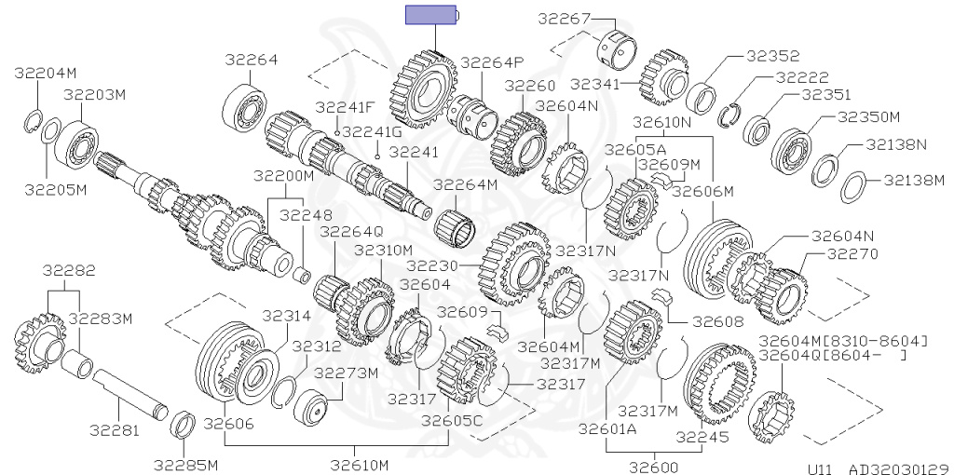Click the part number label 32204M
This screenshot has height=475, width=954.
(x=46, y=73)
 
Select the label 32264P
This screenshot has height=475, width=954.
(x=492, y=62)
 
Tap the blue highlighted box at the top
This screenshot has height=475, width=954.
(x=431, y=15)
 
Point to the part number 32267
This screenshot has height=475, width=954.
(x=564, y=19)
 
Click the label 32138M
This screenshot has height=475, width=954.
(x=914, y=180)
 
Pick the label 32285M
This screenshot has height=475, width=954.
(x=185, y=466)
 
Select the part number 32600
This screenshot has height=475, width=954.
(x=654, y=468)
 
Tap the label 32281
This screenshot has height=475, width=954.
(x=115, y=430)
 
